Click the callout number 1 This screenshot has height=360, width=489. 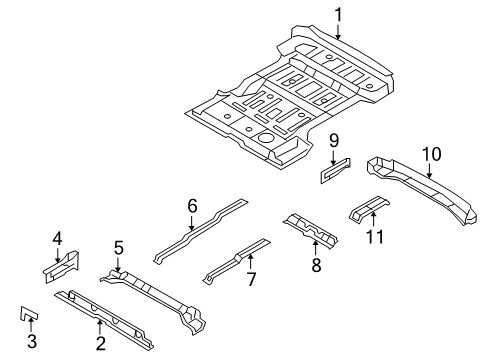tap(338, 16)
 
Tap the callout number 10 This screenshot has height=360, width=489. tap(431, 154)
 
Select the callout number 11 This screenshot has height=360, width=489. tap(375, 237)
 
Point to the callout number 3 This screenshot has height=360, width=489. tap(32, 342)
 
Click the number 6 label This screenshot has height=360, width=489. tap(192, 206)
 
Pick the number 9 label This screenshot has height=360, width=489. tap(334, 141)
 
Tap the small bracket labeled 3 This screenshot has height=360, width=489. tap(28, 314)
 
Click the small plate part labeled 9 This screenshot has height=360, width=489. tap(335, 171)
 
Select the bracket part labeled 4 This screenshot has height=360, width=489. tap(62, 267)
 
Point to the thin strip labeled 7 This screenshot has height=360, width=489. tap(237, 261)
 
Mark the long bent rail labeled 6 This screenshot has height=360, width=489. tap(201, 231)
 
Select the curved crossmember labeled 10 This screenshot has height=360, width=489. tap(422, 189)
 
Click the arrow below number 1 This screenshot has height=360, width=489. tap(338, 32)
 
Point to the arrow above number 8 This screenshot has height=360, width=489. tap(315, 247)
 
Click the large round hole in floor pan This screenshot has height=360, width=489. tap(266, 138)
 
